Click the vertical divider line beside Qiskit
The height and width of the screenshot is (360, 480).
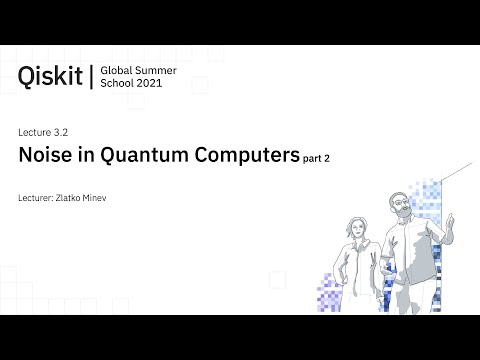tap(91, 76)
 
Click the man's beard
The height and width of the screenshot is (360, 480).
tap(398, 212)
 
